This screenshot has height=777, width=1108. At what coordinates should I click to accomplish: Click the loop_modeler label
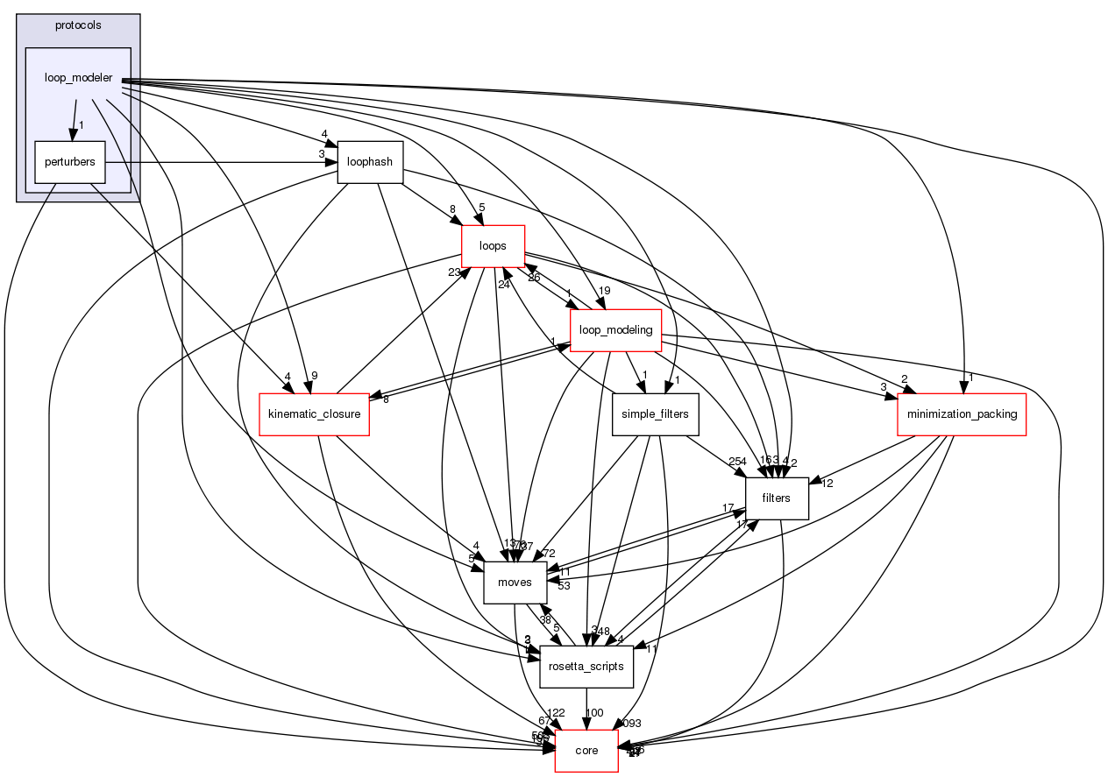[78, 77]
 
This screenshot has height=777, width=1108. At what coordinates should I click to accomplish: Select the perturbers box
[69, 162]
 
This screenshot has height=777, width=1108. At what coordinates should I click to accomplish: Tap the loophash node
[370, 162]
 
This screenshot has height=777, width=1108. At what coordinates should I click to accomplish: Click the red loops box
[493, 246]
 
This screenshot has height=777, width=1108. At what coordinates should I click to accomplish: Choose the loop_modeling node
[615, 330]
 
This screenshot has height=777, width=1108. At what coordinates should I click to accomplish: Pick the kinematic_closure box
[313, 413]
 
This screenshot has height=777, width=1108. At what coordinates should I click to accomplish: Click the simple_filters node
[655, 413]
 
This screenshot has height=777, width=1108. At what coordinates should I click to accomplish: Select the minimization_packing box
[962, 413]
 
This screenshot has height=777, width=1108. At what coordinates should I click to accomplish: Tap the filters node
[776, 498]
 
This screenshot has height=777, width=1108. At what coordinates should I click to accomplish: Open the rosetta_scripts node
[586, 666]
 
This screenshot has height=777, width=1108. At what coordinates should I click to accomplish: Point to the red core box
[586, 750]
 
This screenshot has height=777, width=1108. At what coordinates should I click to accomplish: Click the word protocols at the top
[77, 25]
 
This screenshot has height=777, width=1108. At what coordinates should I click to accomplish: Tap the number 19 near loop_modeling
[604, 292]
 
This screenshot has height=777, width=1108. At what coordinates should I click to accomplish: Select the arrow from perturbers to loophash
[219, 162]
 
